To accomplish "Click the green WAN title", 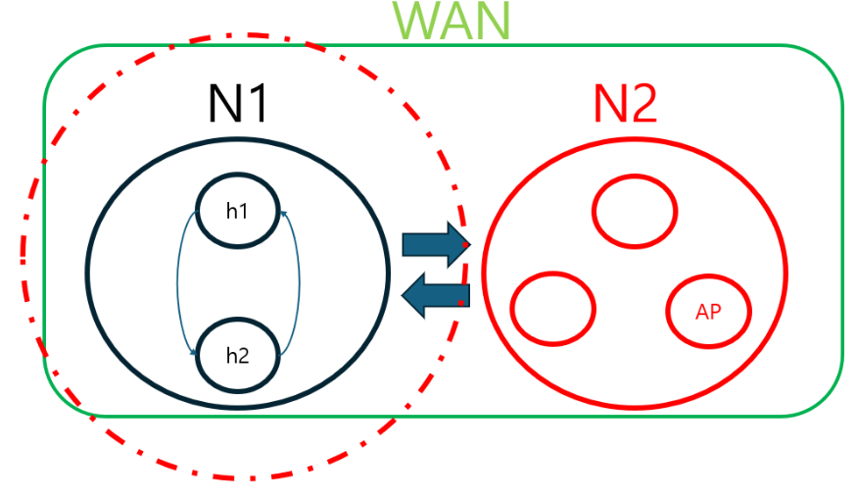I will [452, 21].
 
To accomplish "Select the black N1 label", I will [238, 101].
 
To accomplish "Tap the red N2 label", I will [624, 101].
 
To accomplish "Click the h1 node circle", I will [237, 209].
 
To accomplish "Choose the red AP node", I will [709, 313].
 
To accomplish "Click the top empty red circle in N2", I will [634, 211].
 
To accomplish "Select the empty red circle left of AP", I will [553, 308].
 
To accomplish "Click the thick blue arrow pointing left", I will [437, 296].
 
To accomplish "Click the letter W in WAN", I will [416, 21].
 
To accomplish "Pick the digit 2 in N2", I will [643, 101].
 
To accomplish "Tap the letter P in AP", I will [716, 313].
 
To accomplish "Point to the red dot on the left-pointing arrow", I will [461, 303].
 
